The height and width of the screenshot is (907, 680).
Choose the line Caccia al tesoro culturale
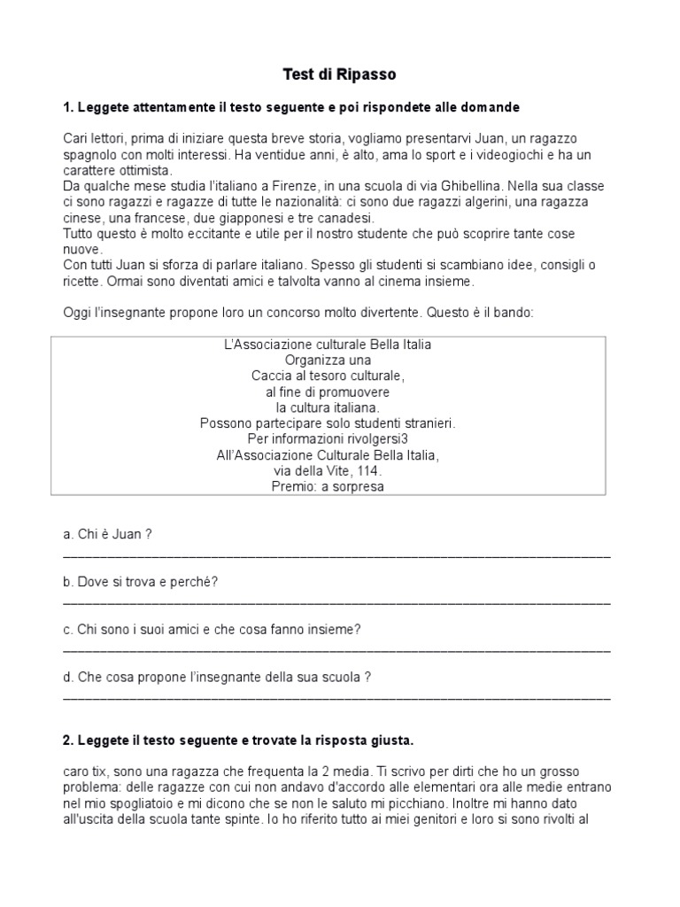pyautogui.click(x=328, y=376)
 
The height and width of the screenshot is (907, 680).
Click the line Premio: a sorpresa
pyautogui.click(x=328, y=486)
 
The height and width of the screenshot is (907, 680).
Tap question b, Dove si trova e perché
pyautogui.click(x=141, y=581)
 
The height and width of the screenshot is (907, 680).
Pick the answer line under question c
pyautogui.click(x=336, y=649)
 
